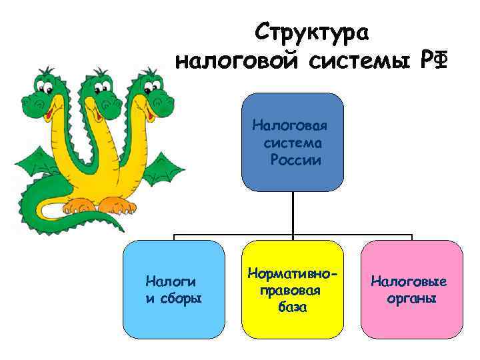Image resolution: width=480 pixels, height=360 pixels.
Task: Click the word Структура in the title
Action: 315,32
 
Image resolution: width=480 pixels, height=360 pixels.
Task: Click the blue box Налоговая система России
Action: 292,142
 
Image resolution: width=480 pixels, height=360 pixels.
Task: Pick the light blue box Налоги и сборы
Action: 174,289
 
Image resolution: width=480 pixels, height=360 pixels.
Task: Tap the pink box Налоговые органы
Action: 411,289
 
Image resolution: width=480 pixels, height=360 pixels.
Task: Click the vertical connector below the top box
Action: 292,213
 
